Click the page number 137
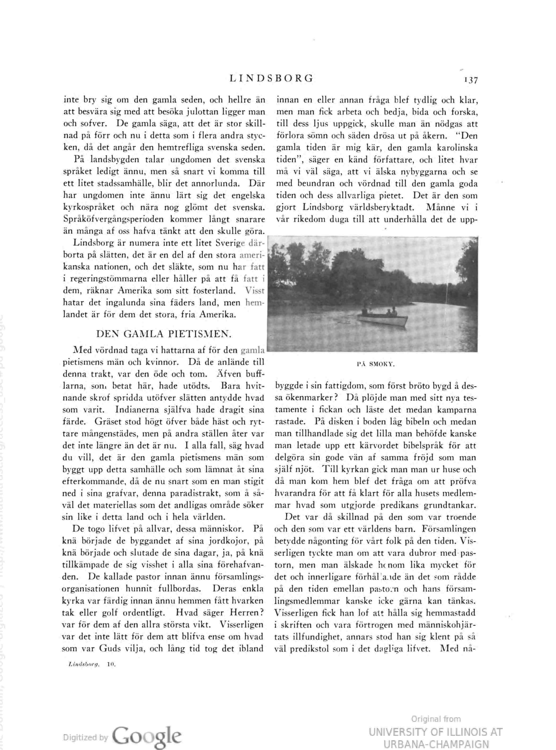pos(470,80)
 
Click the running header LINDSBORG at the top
pos(271,78)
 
